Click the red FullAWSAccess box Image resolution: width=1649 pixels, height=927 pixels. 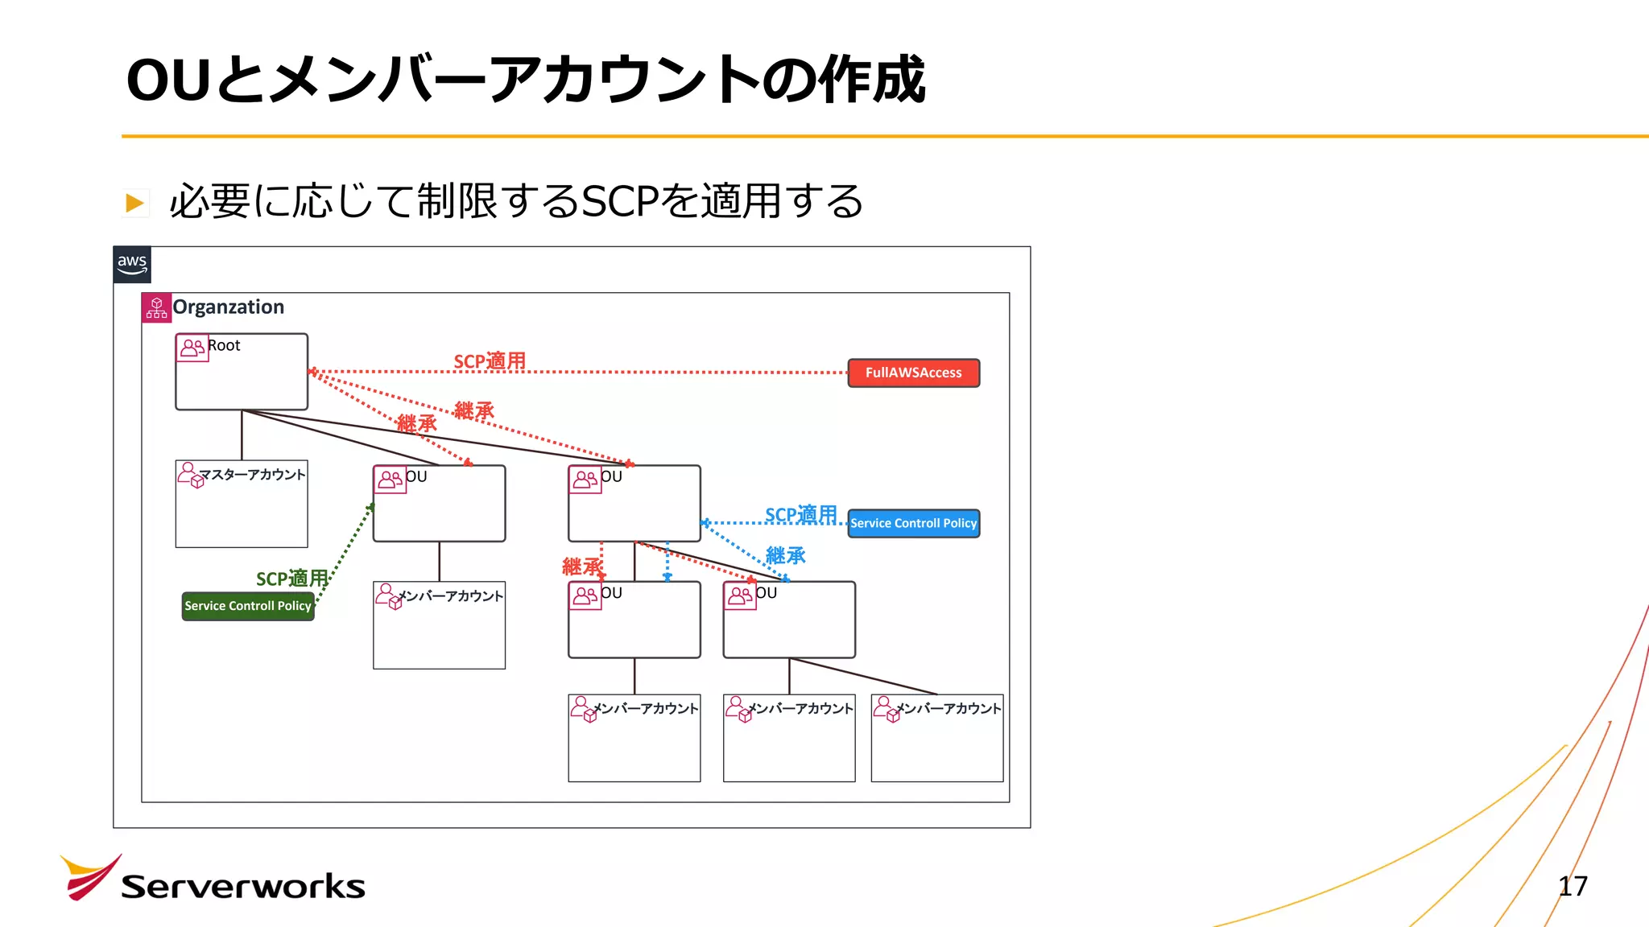[x=913, y=373]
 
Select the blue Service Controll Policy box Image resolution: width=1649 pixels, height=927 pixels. [x=913, y=523]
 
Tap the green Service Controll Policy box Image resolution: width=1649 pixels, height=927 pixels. [x=248, y=606]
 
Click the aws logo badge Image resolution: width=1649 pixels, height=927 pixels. [x=132, y=265]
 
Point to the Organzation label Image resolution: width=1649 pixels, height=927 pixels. [x=229, y=307]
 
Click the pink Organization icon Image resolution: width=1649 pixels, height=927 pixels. [x=156, y=307]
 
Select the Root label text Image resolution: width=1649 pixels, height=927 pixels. [x=224, y=346]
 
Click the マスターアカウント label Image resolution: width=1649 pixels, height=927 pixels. [x=252, y=475]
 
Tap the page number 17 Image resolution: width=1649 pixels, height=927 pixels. [x=1573, y=886]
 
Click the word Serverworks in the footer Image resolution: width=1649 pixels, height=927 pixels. [x=243, y=887]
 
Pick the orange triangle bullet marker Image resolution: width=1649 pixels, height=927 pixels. [x=134, y=203]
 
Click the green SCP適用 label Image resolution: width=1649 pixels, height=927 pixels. [x=291, y=579]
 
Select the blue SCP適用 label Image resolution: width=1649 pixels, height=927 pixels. [x=800, y=514]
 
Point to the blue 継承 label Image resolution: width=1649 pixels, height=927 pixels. [x=785, y=555]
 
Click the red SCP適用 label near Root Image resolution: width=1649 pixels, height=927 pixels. [x=490, y=361]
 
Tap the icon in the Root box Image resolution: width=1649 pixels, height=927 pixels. [x=192, y=348]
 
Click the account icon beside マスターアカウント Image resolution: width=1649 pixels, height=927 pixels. [x=190, y=475]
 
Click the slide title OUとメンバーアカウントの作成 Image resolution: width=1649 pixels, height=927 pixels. [x=526, y=80]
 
